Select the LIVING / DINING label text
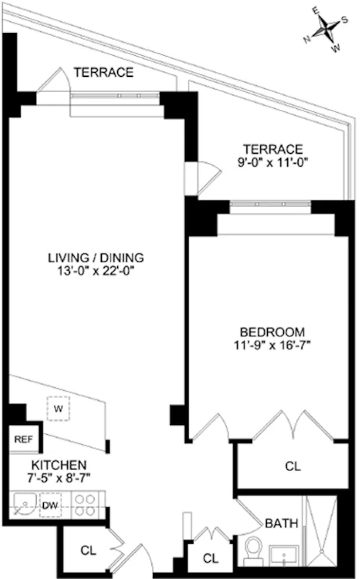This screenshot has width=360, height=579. coord(96,258)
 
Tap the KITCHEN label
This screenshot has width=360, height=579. coord(59,465)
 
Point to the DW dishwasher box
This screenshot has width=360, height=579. coord(50,506)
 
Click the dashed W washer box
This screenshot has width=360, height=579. coord(59,408)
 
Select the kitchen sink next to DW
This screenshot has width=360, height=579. coord(24,506)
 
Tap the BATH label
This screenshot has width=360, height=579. coord(281,523)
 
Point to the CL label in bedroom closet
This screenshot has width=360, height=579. coord(293,466)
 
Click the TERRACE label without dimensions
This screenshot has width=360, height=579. coord(103,73)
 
